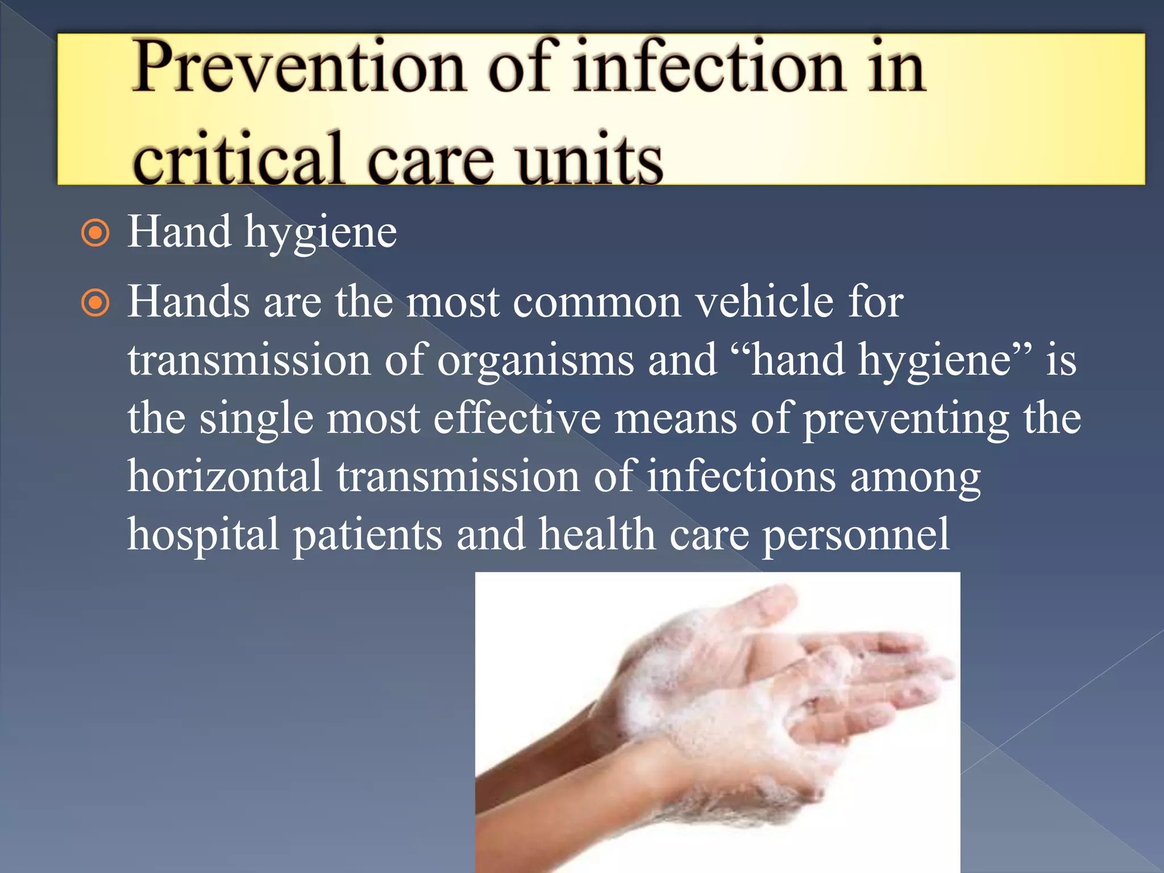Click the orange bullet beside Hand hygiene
click(x=95, y=233)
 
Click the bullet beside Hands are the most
click(x=95, y=303)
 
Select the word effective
click(x=517, y=419)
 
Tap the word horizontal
click(x=225, y=476)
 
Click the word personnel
click(x=856, y=535)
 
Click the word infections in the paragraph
click(x=741, y=476)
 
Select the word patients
click(x=367, y=535)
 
